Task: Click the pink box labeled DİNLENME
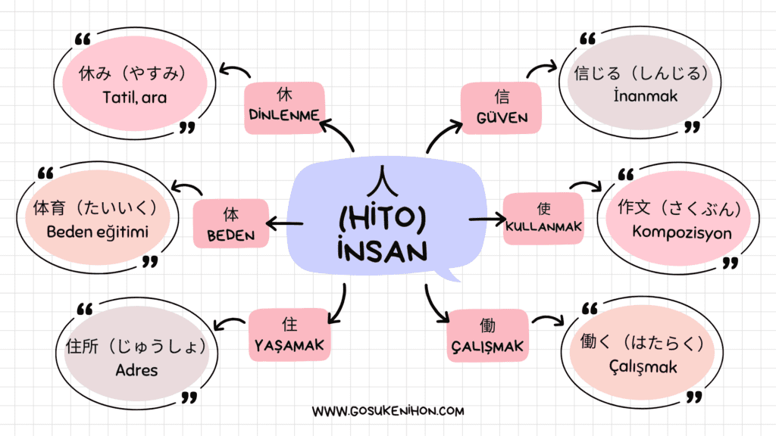[285, 107]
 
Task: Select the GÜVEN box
[501, 107]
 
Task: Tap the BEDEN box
[230, 223]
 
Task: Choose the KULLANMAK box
[543, 219]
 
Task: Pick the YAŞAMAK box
[289, 335]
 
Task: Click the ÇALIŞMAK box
[487, 335]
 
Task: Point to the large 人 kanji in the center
[382, 181]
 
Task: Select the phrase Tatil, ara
[135, 98]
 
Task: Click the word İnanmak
[646, 95]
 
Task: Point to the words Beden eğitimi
[98, 232]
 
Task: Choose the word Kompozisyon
[682, 232]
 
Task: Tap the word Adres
[136, 370]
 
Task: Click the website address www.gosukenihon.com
[388, 411]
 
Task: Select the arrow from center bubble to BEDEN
[285, 224]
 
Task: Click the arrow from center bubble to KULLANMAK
[487, 219]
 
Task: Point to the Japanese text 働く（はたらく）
[642, 342]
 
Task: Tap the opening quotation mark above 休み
[83, 39]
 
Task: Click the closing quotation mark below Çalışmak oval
[694, 397]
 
